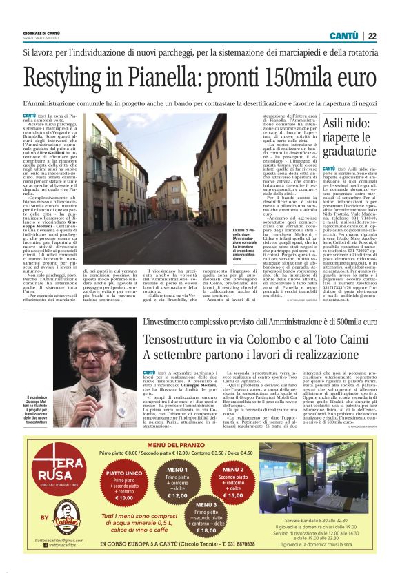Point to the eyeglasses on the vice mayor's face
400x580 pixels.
point(90,353)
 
